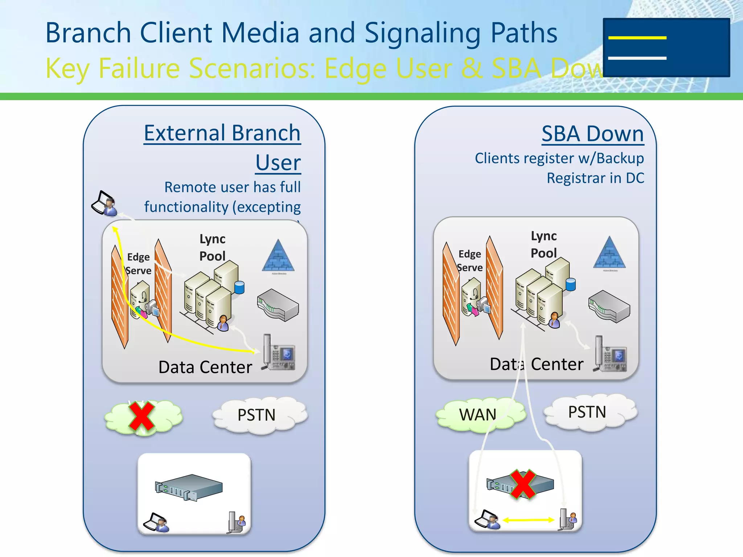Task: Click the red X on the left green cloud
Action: pyautogui.click(x=142, y=417)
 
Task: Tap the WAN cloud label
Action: pyautogui.click(x=477, y=414)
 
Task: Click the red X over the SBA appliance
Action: pyautogui.click(x=523, y=484)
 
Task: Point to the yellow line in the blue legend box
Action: pyautogui.click(x=637, y=38)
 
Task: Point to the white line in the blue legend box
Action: pyautogui.click(x=637, y=58)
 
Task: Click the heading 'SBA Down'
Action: pyautogui.click(x=592, y=134)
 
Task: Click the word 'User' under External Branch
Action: pyautogui.click(x=278, y=162)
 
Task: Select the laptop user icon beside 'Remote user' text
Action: pyautogui.click(x=104, y=203)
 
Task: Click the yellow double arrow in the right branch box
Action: pyautogui.click(x=529, y=520)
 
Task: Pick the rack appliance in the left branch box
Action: pyautogui.click(x=189, y=488)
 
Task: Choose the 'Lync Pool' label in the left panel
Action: pyautogui.click(x=213, y=247)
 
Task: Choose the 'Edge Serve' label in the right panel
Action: pyautogui.click(x=470, y=260)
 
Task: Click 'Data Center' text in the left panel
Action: pyautogui.click(x=205, y=367)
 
